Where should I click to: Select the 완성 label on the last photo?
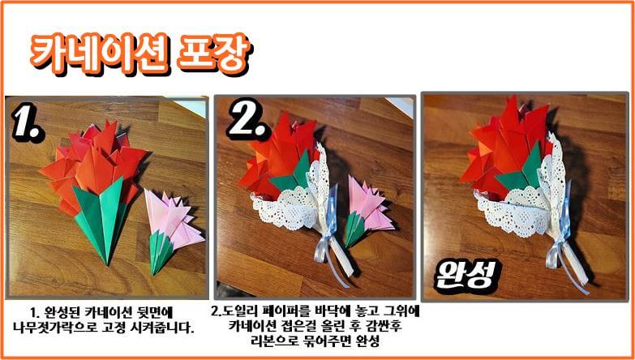[464, 275]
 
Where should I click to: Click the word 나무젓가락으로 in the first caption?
[64, 328]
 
